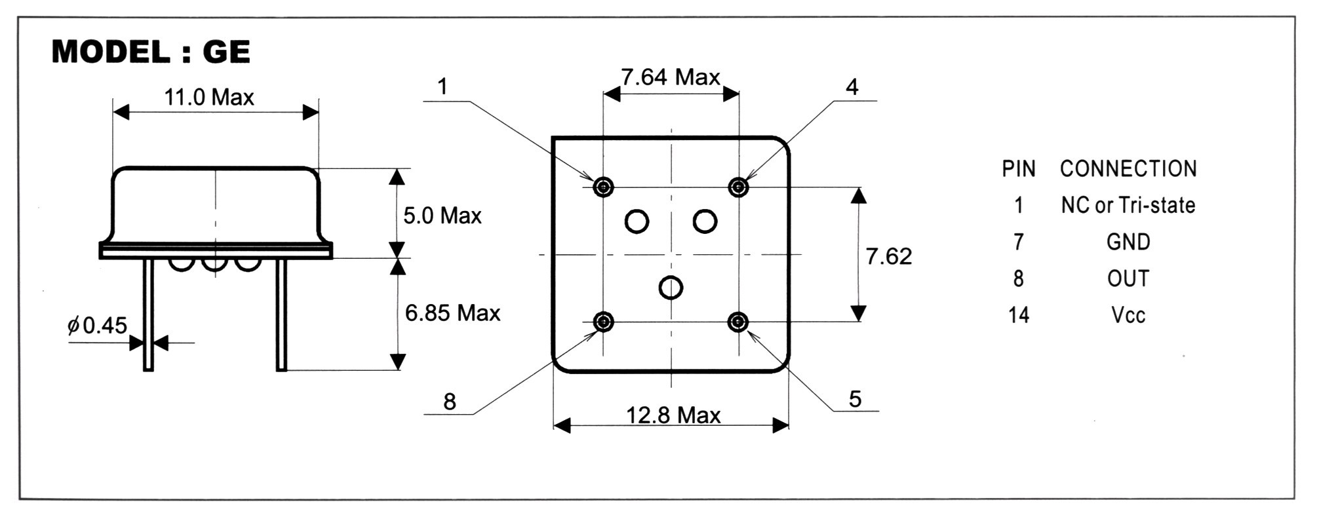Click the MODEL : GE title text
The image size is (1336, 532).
point(151,52)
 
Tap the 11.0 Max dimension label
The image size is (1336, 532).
point(208,98)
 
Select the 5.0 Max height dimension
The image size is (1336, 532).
point(442,216)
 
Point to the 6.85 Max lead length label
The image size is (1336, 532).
point(452,313)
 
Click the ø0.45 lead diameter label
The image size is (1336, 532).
point(98,325)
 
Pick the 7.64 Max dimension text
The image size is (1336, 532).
point(671,77)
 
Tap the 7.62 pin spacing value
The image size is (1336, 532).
point(888,256)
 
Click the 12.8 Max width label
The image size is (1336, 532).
point(673,415)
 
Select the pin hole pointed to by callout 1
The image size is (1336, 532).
point(603,187)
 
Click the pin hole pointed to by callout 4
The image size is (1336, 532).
point(739,187)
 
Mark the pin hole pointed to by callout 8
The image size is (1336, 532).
point(603,322)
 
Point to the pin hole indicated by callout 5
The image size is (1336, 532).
point(739,322)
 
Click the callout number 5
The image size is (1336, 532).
point(855,399)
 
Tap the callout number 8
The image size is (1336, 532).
point(450,402)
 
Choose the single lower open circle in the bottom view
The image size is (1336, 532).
point(671,287)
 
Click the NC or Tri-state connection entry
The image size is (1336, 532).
point(1128,206)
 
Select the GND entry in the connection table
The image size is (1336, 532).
point(1128,242)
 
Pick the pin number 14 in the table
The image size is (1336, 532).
point(1019,315)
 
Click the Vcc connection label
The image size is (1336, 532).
point(1128,316)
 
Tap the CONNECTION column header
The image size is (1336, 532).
point(1128,169)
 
